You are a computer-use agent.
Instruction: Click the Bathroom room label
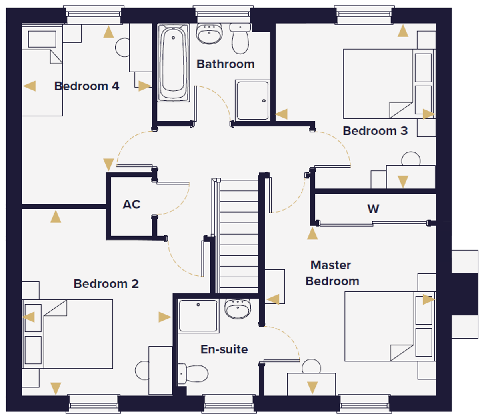click(226, 64)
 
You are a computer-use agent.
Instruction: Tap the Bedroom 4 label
click(86, 86)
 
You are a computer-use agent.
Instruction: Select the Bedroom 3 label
click(375, 131)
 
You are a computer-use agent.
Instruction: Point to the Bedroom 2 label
click(106, 284)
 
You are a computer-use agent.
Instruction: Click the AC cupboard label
click(131, 204)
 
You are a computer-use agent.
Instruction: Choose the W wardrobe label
click(373, 209)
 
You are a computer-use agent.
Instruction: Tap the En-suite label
click(224, 349)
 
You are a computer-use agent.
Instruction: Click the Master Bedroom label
click(332, 273)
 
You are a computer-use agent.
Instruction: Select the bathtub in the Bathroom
click(173, 63)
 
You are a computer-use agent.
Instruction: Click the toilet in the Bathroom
click(240, 38)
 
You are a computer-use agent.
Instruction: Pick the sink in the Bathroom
click(209, 34)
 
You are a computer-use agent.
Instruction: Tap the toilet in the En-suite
click(193, 374)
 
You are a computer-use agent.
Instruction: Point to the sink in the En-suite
click(238, 309)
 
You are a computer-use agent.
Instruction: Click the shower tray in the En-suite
click(198, 316)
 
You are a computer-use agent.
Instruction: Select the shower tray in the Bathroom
click(253, 100)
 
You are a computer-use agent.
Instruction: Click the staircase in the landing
click(238, 236)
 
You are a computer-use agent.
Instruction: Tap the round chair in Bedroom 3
click(411, 159)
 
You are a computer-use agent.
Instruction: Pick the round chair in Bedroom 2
click(142, 370)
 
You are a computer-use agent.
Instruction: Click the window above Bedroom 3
click(364, 14)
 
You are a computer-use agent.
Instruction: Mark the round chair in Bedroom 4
click(122, 47)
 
